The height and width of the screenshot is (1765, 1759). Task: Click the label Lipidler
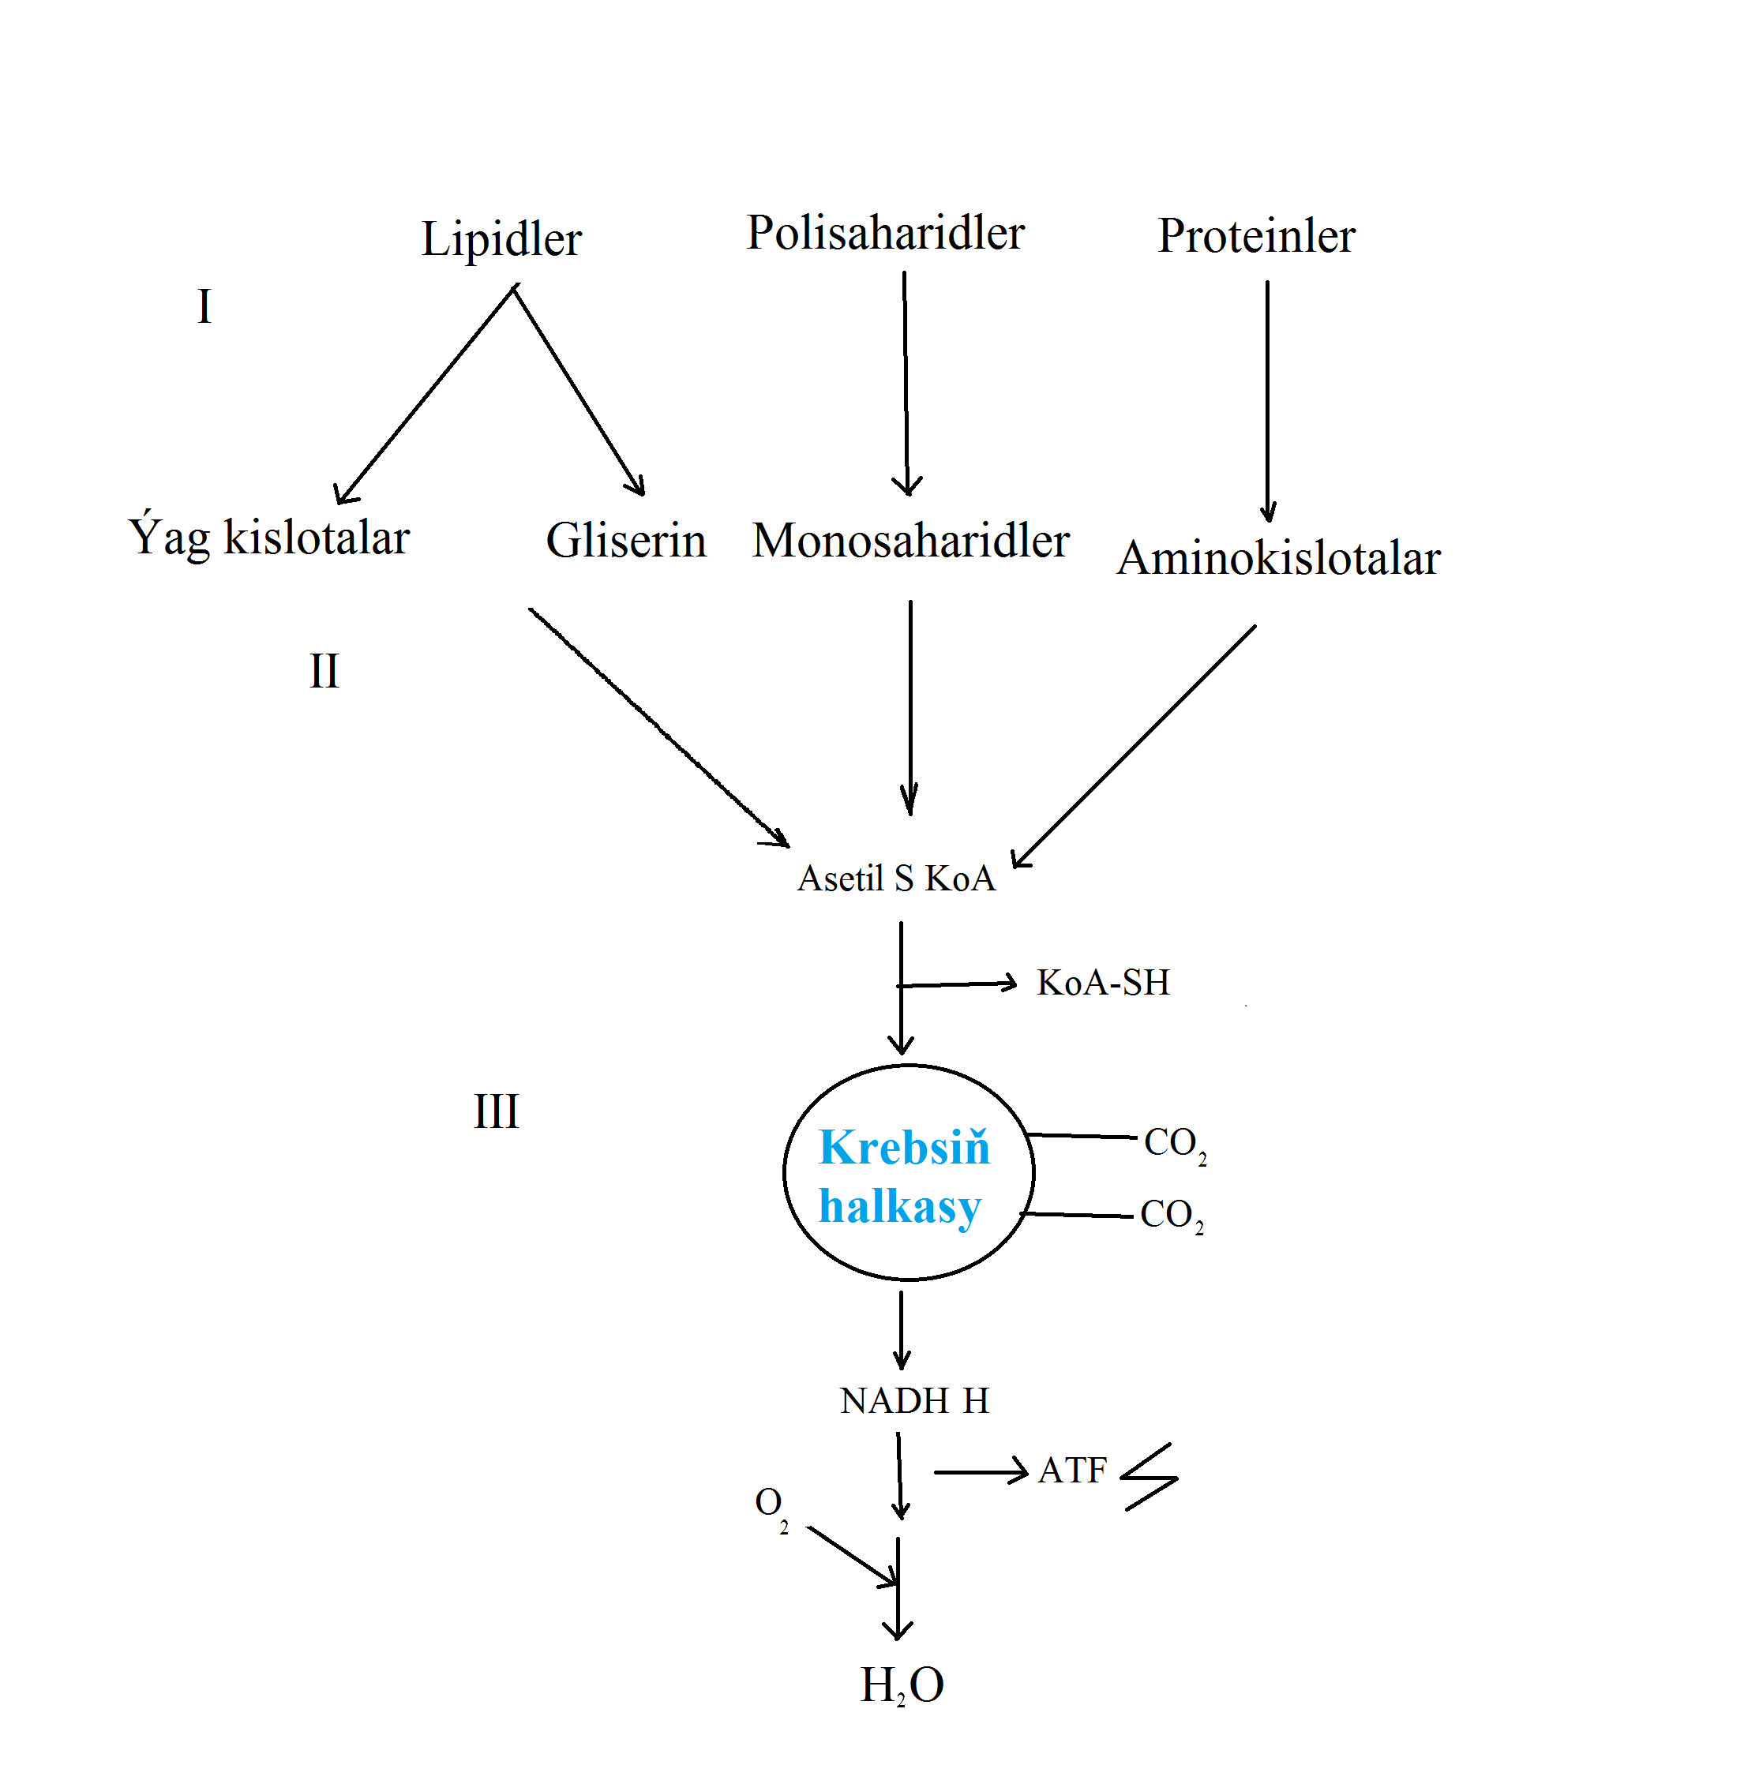[x=501, y=239]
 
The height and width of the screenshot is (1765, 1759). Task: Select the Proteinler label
[x=1255, y=236]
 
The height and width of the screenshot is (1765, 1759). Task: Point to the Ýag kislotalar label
[x=268, y=538]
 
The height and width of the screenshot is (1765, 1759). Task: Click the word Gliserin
[x=626, y=540]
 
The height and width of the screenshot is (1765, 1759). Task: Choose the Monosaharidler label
[x=910, y=540]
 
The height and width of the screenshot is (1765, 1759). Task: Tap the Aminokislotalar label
[x=1278, y=557]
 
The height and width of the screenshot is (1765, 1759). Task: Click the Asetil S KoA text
[x=895, y=878]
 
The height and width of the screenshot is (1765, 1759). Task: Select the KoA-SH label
[x=1102, y=983]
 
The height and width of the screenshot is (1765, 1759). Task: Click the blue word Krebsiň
[x=904, y=1148]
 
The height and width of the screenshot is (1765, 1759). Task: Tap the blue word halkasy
[x=899, y=1207]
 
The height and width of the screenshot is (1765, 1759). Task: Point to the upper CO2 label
[x=1173, y=1144]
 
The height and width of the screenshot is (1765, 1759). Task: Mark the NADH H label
[x=913, y=1401]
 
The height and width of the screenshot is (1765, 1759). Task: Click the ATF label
[x=1072, y=1471]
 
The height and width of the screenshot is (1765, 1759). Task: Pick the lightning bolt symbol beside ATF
[x=1150, y=1476]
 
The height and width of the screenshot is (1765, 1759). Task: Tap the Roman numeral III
[x=495, y=1111]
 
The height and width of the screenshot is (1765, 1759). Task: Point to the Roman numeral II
[x=324, y=672]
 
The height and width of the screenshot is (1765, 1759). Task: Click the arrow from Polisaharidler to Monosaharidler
[x=906, y=384]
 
